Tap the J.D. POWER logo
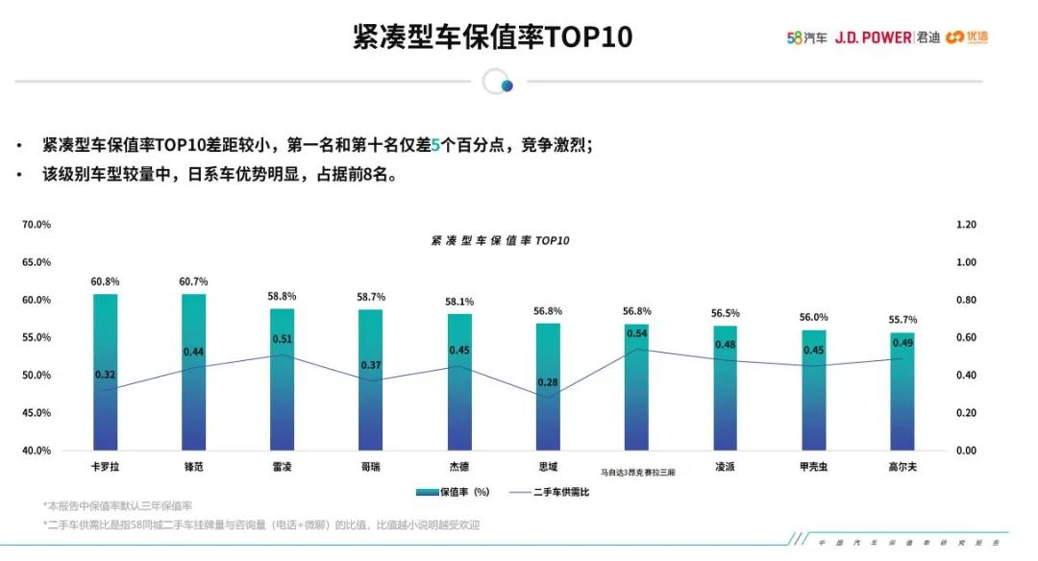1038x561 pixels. coord(873,37)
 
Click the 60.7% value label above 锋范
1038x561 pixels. coord(193,281)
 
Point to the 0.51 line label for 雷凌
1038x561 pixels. coord(283,339)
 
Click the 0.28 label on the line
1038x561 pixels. coord(548,382)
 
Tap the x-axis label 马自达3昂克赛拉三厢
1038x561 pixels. coord(638,473)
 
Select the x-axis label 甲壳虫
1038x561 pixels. coord(813,467)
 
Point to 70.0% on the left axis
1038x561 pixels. coord(36,225)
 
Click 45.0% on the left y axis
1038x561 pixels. coord(36,413)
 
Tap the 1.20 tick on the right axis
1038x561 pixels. coord(966,225)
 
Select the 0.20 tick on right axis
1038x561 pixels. coord(966,413)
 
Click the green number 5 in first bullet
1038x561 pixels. coord(434,145)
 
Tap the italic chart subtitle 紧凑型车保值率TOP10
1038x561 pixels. coord(500,241)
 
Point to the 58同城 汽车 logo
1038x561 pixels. coord(806,37)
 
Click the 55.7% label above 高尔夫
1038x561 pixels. coord(902,320)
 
